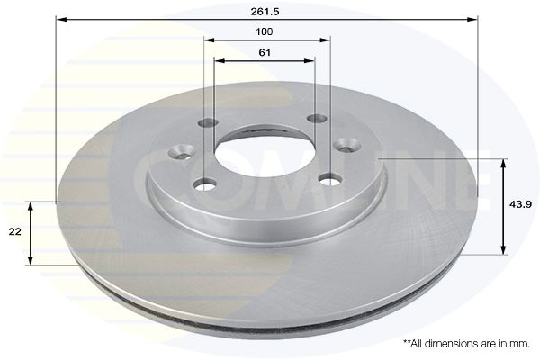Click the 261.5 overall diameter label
tap(265, 12)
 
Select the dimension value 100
tap(264, 31)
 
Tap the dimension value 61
tap(265, 53)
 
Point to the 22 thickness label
tap(14, 231)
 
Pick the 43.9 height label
tap(521, 204)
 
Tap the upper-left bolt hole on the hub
tap(209, 123)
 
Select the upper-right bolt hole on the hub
tap(317, 119)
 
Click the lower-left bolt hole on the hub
tap(205, 184)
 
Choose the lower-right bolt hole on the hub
tap(330, 180)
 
